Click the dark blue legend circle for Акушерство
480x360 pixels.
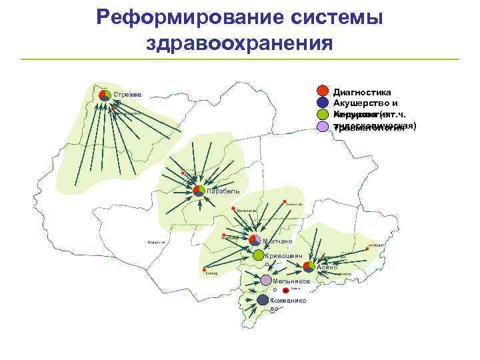pos(323,103)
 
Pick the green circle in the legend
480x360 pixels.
pos(323,114)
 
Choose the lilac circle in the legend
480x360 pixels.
pos(323,125)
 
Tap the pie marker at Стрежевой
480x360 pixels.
pos(105,95)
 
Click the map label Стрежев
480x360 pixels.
pos(127,95)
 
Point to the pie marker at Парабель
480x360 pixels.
pos(199,191)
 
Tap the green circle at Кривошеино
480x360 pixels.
pos(258,255)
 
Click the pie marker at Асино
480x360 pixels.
pos(309,267)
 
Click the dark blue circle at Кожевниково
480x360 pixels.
pos(263,300)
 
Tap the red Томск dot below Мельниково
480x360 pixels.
pos(285,291)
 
